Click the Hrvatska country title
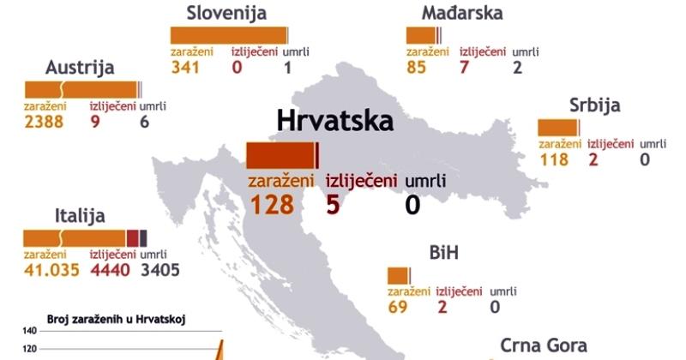(334, 120)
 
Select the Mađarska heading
(462, 13)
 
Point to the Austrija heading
(80, 68)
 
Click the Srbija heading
(594, 105)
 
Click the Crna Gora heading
(544, 345)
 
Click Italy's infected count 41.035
(51, 270)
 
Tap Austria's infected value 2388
(46, 123)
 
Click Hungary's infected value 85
(417, 68)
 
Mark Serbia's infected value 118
(554, 159)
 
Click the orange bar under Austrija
(81, 89)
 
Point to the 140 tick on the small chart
(28, 331)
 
